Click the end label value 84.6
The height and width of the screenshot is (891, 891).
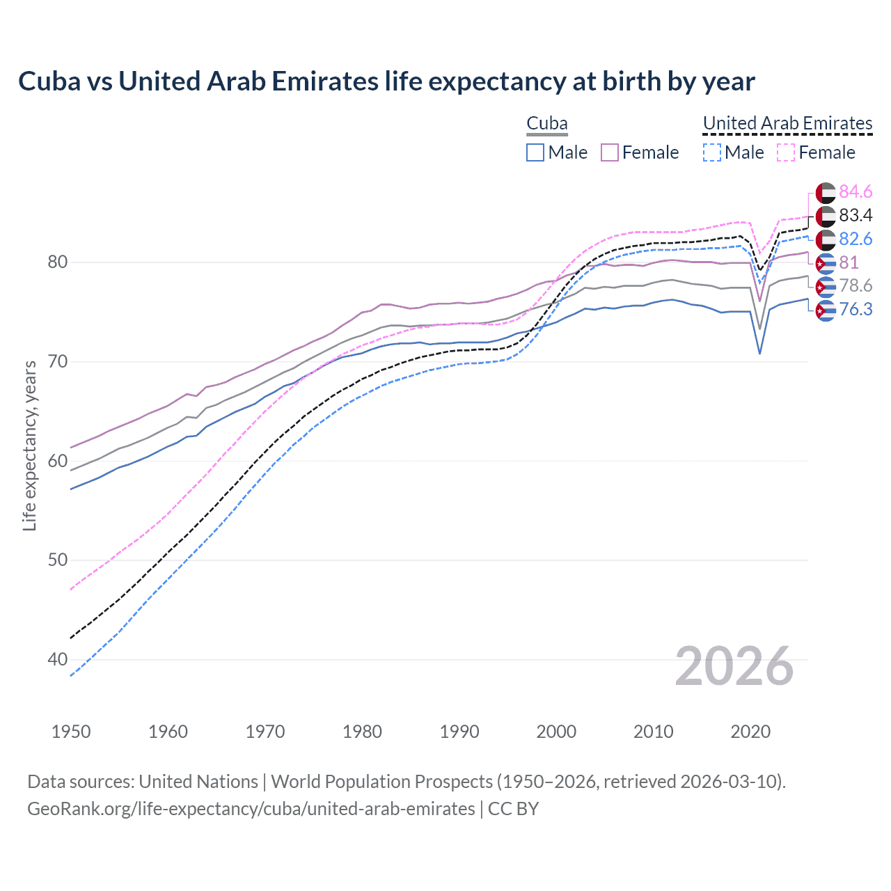pyautogui.click(x=855, y=191)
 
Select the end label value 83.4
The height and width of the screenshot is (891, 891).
pyautogui.click(x=855, y=215)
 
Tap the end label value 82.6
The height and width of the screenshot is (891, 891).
pyautogui.click(x=855, y=239)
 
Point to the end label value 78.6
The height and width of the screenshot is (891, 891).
pyautogui.click(x=855, y=285)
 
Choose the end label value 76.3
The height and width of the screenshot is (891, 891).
pyautogui.click(x=855, y=309)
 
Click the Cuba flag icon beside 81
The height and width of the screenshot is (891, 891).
pyautogui.click(x=826, y=263)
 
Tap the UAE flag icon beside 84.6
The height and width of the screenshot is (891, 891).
pyautogui.click(x=826, y=192)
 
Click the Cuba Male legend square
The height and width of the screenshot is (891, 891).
pyautogui.click(x=535, y=152)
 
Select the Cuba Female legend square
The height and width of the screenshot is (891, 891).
pyautogui.click(x=610, y=152)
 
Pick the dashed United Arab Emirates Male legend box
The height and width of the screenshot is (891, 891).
pyautogui.click(x=711, y=152)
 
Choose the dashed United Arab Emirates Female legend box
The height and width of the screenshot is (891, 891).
pyautogui.click(x=785, y=152)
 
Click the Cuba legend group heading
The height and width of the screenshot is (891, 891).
pyautogui.click(x=547, y=123)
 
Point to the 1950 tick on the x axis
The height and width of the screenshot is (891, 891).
pyautogui.click(x=71, y=732)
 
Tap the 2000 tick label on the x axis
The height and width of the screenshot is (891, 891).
pyautogui.click(x=556, y=732)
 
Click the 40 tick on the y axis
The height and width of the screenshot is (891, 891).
pyautogui.click(x=57, y=659)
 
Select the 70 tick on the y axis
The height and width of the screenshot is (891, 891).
pyautogui.click(x=57, y=361)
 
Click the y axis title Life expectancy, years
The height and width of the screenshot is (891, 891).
pyautogui.click(x=29, y=445)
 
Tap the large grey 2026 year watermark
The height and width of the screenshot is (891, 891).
pyautogui.click(x=734, y=666)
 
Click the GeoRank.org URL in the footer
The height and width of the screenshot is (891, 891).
pyautogui.click(x=251, y=809)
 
